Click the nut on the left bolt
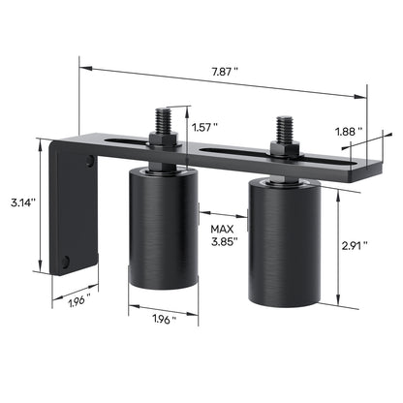click(x=161, y=142)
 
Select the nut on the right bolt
click(x=285, y=151)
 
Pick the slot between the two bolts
click(x=232, y=150)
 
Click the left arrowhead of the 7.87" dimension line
click(x=84, y=69)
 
